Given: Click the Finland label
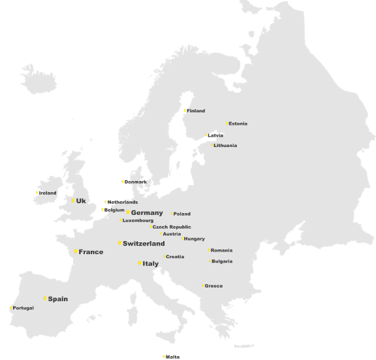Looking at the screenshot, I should (x=196, y=111).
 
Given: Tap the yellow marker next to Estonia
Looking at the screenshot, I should (x=227, y=123).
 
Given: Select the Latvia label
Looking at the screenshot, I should (x=215, y=136).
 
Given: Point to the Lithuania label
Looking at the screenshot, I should (x=225, y=146).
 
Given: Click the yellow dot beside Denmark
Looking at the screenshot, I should (x=122, y=182).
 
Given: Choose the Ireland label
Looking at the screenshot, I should (x=48, y=193).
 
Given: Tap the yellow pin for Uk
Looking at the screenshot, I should (x=72, y=201).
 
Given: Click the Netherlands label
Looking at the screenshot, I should (x=123, y=203).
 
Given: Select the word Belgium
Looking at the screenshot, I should (x=114, y=210).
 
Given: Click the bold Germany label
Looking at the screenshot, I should (x=147, y=213).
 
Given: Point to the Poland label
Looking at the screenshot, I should (x=182, y=214).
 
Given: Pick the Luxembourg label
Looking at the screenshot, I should (x=138, y=221).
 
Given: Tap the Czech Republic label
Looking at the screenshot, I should (x=172, y=227).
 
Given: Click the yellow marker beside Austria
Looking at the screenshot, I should (x=161, y=234).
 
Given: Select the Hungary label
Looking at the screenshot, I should (x=195, y=239).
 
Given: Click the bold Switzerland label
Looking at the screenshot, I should (x=144, y=244).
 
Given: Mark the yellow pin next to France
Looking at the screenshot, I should (x=76, y=252).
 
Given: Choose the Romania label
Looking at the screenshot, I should (x=222, y=250).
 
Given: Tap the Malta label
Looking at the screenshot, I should (x=172, y=357).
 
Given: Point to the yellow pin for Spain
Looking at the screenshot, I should (x=45, y=299).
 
